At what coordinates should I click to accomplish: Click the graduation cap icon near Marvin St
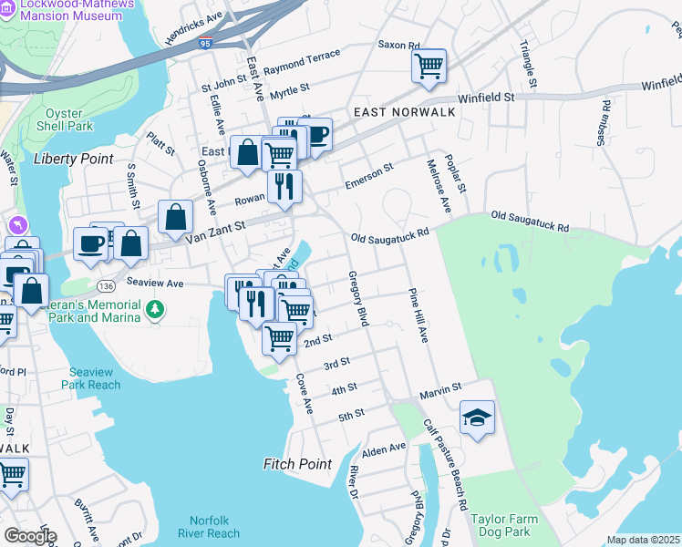tap(477, 418)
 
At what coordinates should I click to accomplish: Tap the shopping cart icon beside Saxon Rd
tap(428, 66)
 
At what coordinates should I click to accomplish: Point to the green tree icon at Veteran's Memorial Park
tap(156, 310)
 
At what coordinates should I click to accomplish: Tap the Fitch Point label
tap(298, 464)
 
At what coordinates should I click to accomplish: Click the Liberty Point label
tap(74, 159)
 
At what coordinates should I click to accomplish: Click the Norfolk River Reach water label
tap(210, 527)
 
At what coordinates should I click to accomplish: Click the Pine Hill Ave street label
tap(418, 316)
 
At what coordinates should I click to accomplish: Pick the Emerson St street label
tap(368, 176)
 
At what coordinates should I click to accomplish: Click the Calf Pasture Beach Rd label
tap(444, 465)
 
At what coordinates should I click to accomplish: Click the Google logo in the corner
tap(29, 535)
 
